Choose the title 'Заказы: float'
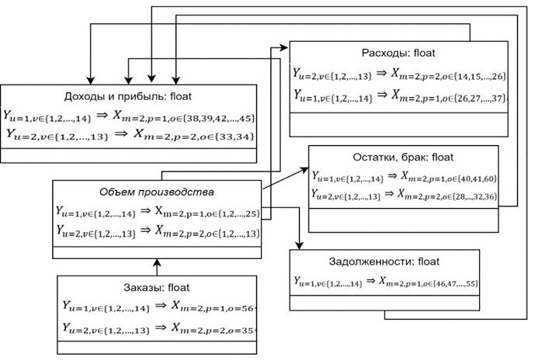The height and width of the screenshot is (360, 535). (156, 286)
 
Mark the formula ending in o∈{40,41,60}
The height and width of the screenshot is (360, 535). (404, 178)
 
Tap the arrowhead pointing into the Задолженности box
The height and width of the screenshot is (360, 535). (300, 244)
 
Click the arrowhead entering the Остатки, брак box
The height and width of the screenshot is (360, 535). (304, 174)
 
